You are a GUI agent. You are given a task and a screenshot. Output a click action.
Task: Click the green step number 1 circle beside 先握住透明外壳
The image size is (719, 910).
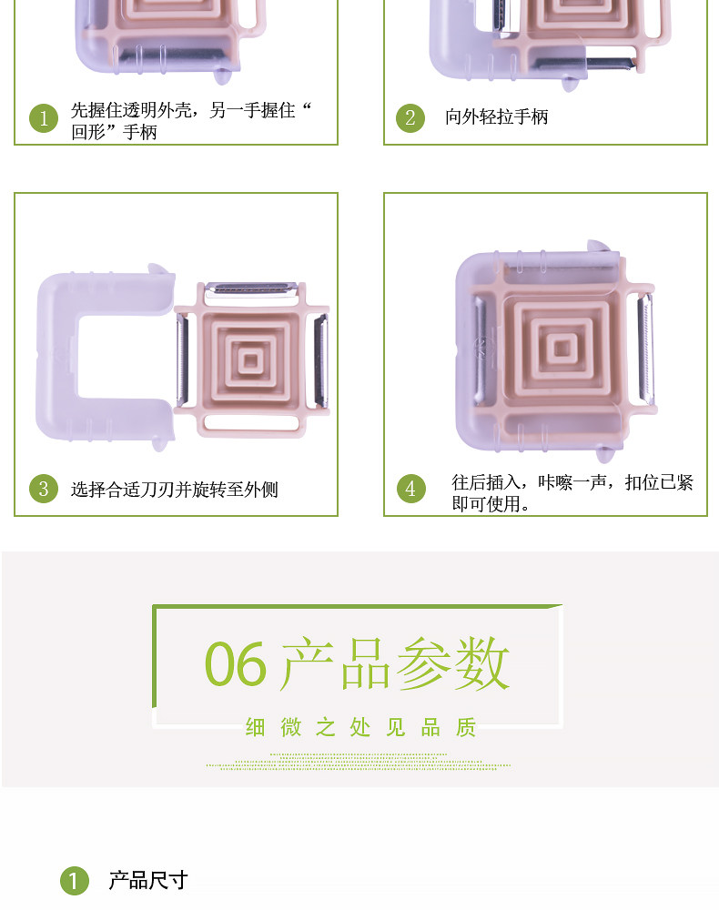pos(44,118)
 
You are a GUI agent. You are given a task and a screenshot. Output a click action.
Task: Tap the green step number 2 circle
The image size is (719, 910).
pos(410,117)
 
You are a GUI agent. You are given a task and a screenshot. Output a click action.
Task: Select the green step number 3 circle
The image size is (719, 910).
pos(44,489)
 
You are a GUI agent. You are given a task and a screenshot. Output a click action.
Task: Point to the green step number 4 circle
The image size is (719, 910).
pos(410,489)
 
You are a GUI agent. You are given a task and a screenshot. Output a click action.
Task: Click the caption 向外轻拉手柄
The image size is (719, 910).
pos(496,116)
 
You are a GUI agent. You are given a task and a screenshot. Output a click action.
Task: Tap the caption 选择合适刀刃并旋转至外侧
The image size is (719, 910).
pos(174,490)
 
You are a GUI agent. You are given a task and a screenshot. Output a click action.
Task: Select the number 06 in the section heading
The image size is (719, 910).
pos(236,664)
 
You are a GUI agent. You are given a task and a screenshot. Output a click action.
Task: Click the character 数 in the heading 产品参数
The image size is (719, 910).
pos(481,662)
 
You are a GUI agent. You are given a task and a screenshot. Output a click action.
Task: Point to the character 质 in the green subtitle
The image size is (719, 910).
pos(466,727)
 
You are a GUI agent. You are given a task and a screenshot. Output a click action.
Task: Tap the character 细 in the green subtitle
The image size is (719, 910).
pos(255,727)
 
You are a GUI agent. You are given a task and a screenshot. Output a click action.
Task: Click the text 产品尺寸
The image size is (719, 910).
pos(148,880)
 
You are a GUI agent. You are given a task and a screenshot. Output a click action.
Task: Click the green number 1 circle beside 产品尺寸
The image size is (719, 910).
pos(75,881)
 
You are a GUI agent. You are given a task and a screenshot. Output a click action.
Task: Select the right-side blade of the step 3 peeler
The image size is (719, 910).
pos(321,359)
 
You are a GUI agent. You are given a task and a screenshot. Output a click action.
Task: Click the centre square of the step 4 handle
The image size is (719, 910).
pos(562,349)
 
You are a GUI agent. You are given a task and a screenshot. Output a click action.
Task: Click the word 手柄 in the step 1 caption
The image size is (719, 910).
pos(140,132)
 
